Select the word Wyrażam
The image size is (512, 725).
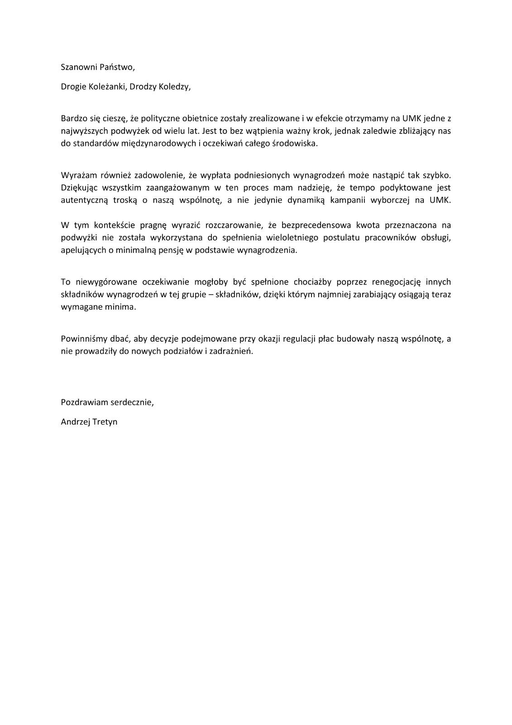[x=76, y=175]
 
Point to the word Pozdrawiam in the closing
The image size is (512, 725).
[x=82, y=402]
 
